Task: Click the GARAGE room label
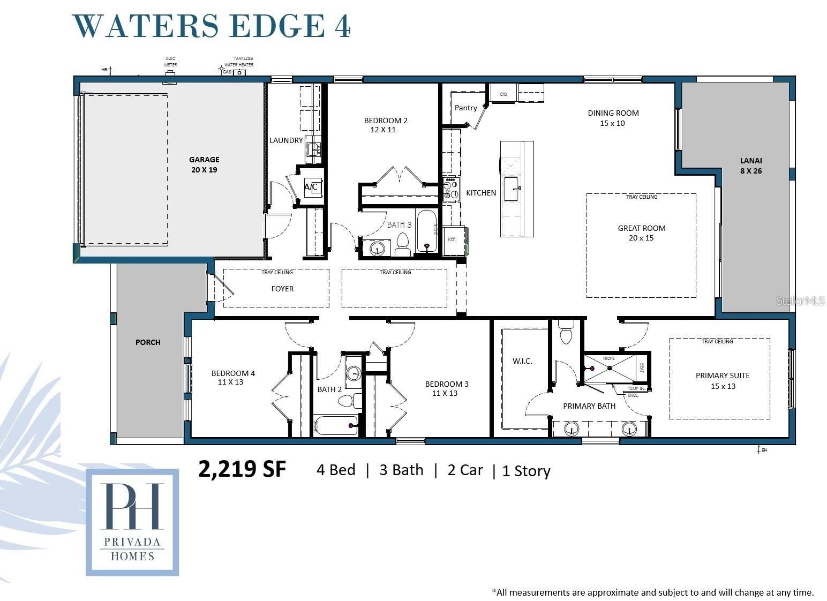204,160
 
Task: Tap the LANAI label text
750,161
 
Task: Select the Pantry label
465,108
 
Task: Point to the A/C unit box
312,187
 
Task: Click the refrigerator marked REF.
454,240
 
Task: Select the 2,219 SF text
242,469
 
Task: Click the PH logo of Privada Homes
132,506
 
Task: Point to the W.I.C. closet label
522,361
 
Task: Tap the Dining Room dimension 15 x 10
612,123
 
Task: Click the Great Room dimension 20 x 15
641,238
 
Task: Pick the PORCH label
148,342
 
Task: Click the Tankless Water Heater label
239,62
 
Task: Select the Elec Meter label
170,62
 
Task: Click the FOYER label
282,289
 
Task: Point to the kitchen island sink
511,189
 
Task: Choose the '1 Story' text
526,471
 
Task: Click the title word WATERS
145,26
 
